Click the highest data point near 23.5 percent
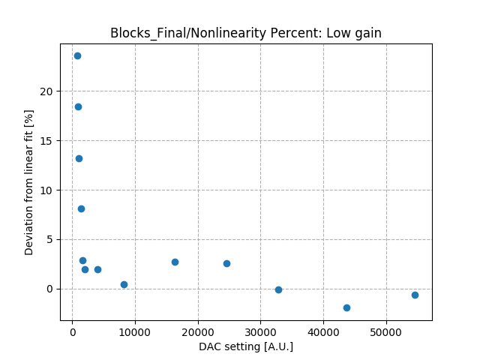tap(77, 55)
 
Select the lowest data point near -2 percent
tap(346, 307)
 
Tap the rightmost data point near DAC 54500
tap(415, 295)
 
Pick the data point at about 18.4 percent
tap(78, 106)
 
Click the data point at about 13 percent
tap(79, 158)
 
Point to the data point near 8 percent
tap(81, 208)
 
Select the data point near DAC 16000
tap(175, 262)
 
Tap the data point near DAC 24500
tap(226, 263)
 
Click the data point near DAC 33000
tap(278, 289)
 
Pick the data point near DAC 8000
tap(124, 284)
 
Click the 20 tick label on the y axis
tap(50, 91)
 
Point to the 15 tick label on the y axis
tap(50, 140)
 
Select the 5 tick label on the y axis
tap(52, 239)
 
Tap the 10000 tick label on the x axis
tap(135, 332)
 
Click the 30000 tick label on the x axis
tap(260, 332)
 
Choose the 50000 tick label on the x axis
tap(386, 332)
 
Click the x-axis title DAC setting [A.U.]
tap(246, 346)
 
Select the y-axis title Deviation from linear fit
tap(29, 182)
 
